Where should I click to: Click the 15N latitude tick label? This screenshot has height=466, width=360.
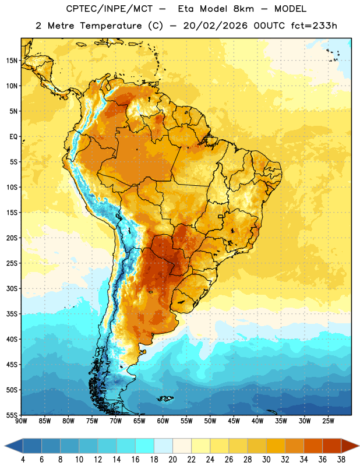point(12,61)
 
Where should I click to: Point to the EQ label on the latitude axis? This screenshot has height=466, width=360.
point(13,137)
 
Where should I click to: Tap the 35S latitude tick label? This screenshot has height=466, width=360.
point(12,314)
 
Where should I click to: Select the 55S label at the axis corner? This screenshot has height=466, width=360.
point(12,415)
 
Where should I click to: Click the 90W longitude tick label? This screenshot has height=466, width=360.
point(21,421)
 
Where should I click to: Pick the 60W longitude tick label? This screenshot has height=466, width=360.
point(163,421)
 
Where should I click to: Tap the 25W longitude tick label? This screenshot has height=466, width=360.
point(328,421)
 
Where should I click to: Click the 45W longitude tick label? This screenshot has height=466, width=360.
point(234,421)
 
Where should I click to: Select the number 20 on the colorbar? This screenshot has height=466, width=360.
point(172,460)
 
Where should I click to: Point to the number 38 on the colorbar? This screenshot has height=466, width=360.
point(341,460)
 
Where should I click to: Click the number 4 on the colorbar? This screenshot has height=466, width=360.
point(23,460)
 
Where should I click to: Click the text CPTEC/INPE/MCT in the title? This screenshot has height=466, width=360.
point(109,9)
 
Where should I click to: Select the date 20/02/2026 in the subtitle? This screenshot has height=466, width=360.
point(215,26)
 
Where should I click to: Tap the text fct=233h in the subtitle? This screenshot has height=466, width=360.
point(314,26)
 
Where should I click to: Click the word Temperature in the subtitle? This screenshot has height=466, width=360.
point(111,26)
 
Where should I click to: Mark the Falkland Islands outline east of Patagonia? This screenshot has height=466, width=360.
point(165,398)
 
